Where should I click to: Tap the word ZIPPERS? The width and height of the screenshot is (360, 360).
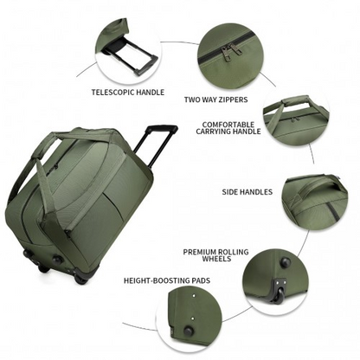coord(233,100)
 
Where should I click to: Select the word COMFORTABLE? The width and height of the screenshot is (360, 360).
coord(228,125)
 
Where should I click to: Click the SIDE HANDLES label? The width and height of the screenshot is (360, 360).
coord(247,192)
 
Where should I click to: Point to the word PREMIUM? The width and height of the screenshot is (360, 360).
coord(200,252)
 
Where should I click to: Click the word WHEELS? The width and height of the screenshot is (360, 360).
coord(216,259)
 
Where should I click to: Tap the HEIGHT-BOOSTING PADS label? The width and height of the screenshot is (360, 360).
coord(167,280)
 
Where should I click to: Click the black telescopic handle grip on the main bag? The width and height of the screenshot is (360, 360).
coord(162,128)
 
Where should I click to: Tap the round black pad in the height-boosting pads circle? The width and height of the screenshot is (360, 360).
coord(189,331)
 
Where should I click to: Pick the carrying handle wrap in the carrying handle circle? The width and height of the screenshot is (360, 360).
coord(296,102)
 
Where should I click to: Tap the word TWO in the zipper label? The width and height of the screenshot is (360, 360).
coord(191,100)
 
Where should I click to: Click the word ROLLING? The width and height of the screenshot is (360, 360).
coord(234,252)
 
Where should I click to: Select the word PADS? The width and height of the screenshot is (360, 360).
coord(202,280)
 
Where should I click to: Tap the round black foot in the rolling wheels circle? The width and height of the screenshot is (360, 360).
coord(286,262)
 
